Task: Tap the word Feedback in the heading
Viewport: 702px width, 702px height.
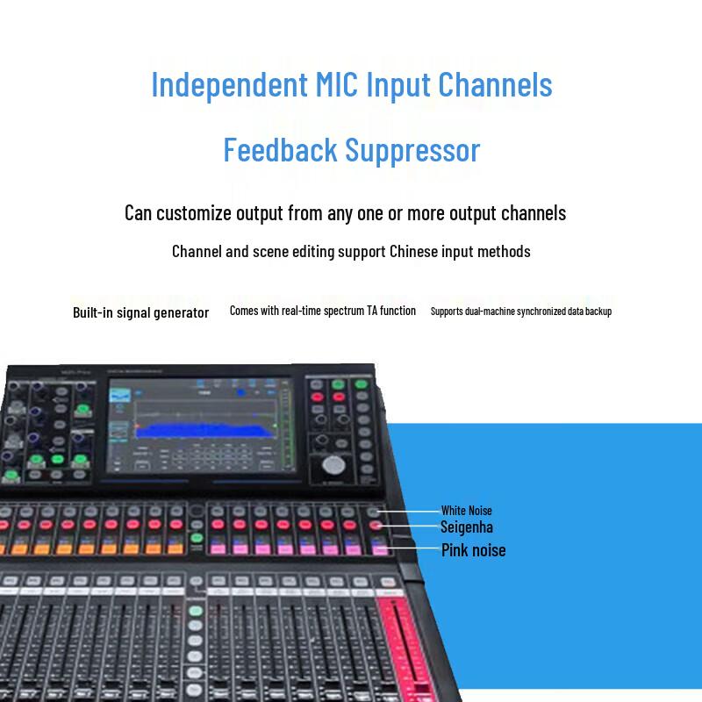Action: point(280,150)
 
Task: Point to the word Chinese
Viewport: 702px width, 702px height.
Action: point(417,252)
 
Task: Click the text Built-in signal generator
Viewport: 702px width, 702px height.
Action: point(140,313)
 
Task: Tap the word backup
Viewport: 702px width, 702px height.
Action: point(597,312)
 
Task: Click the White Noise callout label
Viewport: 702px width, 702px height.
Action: point(466,511)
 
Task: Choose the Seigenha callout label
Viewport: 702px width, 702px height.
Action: point(466,527)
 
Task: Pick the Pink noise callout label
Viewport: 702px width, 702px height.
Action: point(473,551)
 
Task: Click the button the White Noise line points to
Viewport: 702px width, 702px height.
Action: point(375,511)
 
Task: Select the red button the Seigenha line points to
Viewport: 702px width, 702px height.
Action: point(376,526)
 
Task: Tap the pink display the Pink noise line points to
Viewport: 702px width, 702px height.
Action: point(380,549)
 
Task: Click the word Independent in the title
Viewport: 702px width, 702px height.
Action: point(229,85)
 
